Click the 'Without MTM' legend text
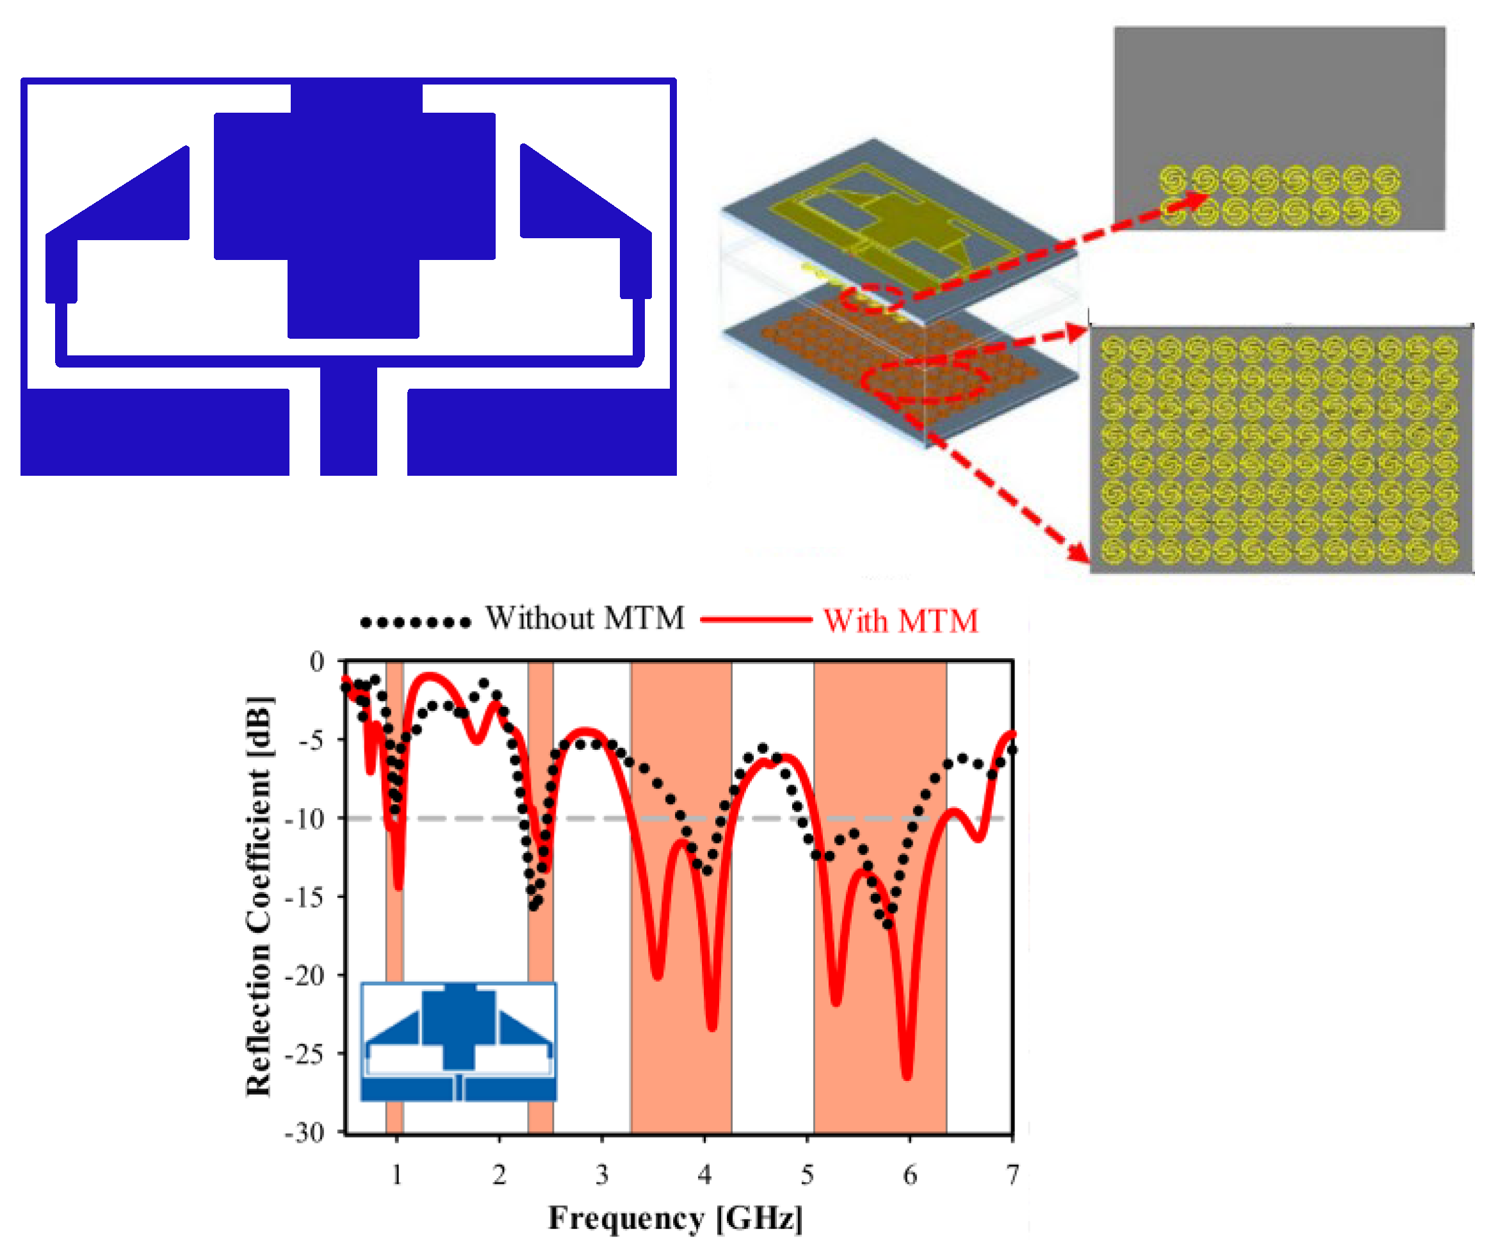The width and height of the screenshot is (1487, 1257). pos(584,619)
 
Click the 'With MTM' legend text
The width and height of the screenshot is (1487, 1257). pos(900,620)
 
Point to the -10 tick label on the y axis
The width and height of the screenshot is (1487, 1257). pos(304,820)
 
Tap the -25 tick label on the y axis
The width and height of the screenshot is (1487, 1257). pos(304,1054)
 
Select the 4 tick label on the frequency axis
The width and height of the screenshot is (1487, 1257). pos(704,1175)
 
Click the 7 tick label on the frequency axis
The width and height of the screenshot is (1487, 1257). pos(1012,1175)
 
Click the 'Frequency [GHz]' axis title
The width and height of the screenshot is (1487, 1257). pos(675,1218)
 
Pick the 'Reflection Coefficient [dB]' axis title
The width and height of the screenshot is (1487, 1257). pos(259,896)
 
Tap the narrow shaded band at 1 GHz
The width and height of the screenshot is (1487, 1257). pos(394,927)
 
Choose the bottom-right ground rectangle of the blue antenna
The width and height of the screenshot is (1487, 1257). pos(542,432)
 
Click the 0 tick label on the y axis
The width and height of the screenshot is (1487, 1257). pos(316,662)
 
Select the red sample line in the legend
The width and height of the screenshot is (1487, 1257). pos(755,620)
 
